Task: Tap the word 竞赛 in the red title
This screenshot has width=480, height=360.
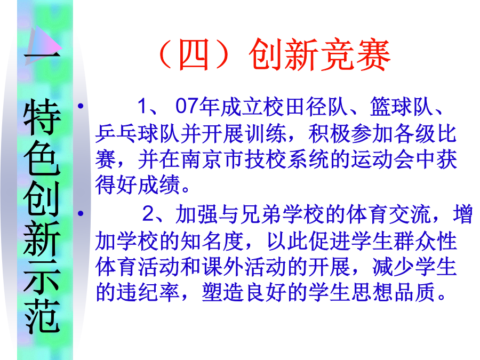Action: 355,54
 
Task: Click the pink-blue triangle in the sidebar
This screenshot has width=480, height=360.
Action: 44,46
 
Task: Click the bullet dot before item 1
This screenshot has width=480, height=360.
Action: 81,106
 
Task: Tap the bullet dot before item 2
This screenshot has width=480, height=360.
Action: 81,213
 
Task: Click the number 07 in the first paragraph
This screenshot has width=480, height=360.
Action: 187,106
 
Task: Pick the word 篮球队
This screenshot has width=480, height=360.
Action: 402,107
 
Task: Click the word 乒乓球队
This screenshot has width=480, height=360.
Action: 137,133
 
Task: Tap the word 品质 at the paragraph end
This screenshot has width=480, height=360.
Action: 415,292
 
